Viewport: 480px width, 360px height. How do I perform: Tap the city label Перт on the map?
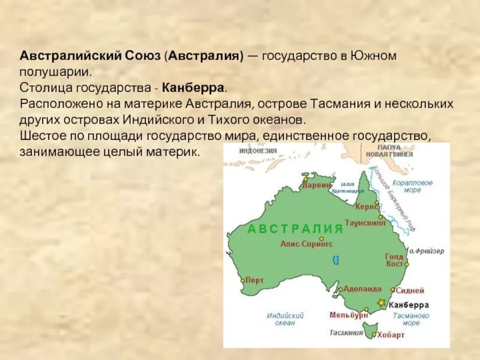click(255, 280)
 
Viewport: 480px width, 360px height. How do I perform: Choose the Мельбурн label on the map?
click(349, 314)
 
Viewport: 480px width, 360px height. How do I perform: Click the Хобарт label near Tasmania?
click(391, 335)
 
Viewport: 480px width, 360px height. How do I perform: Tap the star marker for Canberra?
click(380, 303)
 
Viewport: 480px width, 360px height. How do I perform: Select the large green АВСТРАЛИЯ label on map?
click(295, 229)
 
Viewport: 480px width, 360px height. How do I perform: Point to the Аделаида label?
click(363, 289)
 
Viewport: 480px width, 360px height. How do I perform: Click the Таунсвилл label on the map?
click(365, 221)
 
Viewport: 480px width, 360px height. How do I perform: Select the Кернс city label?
click(367, 206)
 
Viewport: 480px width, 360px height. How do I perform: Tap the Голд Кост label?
click(394, 260)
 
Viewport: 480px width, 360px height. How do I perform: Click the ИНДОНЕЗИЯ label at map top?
click(258, 151)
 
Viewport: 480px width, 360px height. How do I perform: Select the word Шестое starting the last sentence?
click(40, 134)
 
